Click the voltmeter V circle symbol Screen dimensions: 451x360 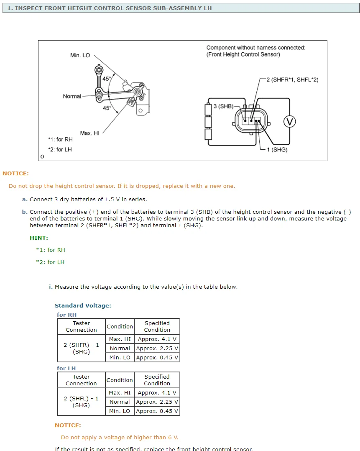coord(289,121)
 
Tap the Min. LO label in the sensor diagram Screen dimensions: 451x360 coord(80,55)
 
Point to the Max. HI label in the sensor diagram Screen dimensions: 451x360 coord(89,133)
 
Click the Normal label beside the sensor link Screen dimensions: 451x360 coord(72,96)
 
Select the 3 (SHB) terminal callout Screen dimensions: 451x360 coord(223,106)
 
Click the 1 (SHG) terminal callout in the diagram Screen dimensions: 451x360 coord(277,149)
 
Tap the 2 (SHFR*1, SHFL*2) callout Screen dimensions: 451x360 coord(292,79)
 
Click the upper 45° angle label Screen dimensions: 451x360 coord(107,79)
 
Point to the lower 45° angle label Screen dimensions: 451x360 coord(107,108)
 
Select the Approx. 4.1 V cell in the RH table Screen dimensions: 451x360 coord(157,339)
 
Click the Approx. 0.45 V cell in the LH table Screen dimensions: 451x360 coord(157,411)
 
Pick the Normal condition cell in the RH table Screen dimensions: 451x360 coord(120,348)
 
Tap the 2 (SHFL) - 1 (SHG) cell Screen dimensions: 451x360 coord(81,402)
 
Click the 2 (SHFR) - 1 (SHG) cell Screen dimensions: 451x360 coord(81,348)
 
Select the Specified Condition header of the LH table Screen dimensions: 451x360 coord(157,380)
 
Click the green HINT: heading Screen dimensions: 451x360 coord(39,238)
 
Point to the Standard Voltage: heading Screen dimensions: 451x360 coord(83,305)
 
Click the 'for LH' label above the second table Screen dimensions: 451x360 coord(66,368)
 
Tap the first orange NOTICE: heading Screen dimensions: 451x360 coord(15,173)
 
